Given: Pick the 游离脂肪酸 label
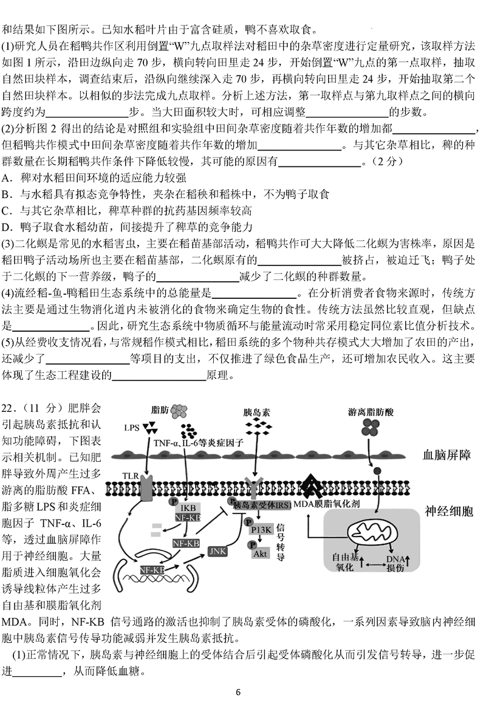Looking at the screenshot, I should [371, 413].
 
